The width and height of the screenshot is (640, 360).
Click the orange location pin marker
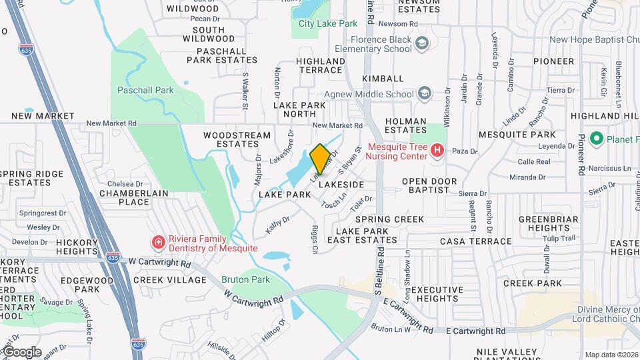pos(320,159)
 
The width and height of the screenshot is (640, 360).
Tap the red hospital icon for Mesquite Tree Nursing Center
pos(437,151)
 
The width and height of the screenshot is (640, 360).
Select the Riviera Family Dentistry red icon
pos(159,241)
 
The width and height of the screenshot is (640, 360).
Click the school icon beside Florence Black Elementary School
pos(422,44)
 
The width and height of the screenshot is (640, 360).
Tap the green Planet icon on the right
pos(597,139)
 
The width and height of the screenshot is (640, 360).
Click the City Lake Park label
pos(327,23)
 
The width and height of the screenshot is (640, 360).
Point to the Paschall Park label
pos(145,89)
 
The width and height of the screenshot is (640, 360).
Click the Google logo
pos(22,351)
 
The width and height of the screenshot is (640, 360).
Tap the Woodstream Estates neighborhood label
pos(237,139)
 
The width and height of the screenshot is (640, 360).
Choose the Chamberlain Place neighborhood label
pos(133,197)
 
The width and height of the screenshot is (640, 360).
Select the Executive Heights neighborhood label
pos(437,294)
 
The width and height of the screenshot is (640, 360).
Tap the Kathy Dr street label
pos(277,223)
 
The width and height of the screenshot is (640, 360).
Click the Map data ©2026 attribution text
pos(611,355)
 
